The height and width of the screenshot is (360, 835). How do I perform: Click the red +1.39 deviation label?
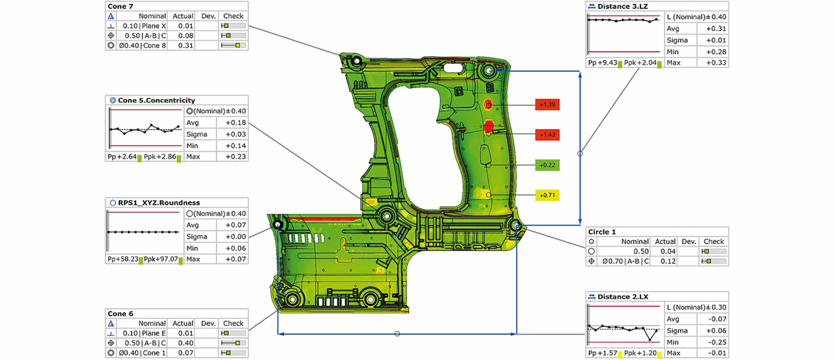[547, 105]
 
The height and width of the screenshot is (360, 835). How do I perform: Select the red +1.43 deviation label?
[547, 135]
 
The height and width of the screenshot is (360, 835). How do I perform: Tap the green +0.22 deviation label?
[547, 165]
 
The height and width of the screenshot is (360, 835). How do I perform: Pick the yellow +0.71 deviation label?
[547, 195]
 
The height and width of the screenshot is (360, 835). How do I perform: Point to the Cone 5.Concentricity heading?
[156, 100]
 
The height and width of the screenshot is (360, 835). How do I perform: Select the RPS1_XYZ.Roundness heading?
[159, 203]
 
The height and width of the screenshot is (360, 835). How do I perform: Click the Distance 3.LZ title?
[622, 7]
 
